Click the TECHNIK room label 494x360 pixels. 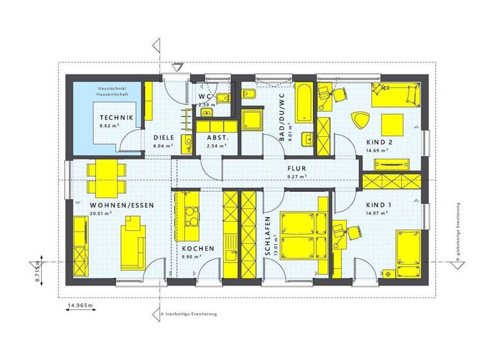[x=116, y=118]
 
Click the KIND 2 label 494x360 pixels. [x=379, y=141]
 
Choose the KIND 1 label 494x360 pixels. [x=378, y=205]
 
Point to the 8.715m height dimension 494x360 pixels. [x=38, y=271]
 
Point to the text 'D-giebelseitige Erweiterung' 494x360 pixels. [x=457, y=235]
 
